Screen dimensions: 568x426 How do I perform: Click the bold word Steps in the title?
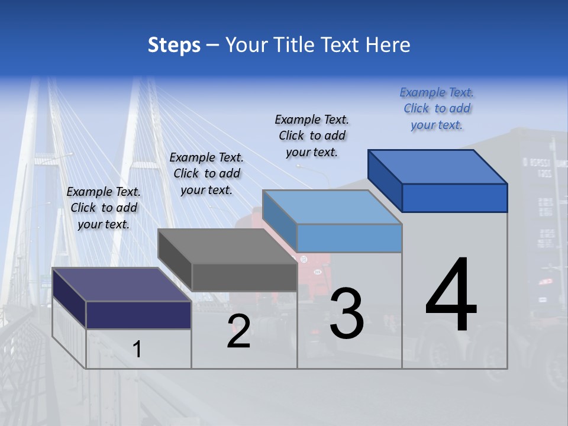(174, 45)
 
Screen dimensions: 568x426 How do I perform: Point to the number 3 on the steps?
(347, 314)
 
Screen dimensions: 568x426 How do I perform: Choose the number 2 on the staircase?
(238, 332)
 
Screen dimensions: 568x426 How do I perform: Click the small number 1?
(137, 350)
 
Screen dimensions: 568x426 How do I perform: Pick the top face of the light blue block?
(332, 207)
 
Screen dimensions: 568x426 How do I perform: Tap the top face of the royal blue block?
(438, 167)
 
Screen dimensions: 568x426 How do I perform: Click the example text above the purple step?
(104, 208)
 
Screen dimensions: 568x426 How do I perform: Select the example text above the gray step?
(206, 173)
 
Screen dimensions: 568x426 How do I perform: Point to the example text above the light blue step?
(312, 135)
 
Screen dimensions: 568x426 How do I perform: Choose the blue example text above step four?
(437, 108)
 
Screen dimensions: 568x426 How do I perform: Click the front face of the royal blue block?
(454, 198)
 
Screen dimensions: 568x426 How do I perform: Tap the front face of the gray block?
(244, 277)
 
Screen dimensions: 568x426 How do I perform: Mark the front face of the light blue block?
(349, 238)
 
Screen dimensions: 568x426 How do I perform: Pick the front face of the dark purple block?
(138, 315)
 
